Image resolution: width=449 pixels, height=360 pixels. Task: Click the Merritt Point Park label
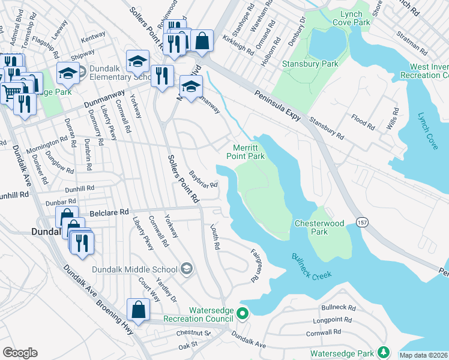(245, 152)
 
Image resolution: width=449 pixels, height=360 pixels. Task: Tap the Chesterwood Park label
(319, 227)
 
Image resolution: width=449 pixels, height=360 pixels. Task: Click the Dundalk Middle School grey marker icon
(187, 268)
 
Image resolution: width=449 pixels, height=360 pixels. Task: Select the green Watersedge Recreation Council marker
(242, 313)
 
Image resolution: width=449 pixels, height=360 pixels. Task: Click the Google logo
(20, 353)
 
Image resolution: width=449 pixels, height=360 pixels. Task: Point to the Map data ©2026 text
(424, 355)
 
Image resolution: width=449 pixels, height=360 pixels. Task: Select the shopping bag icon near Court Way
(138, 310)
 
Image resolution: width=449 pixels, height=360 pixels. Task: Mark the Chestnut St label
(193, 333)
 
